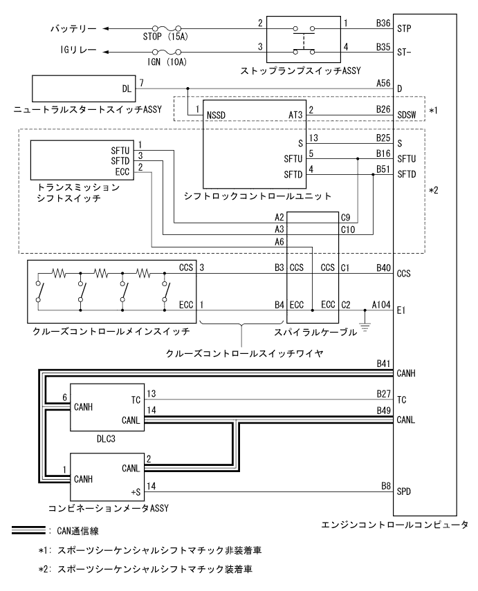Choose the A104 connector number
click(380, 303)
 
